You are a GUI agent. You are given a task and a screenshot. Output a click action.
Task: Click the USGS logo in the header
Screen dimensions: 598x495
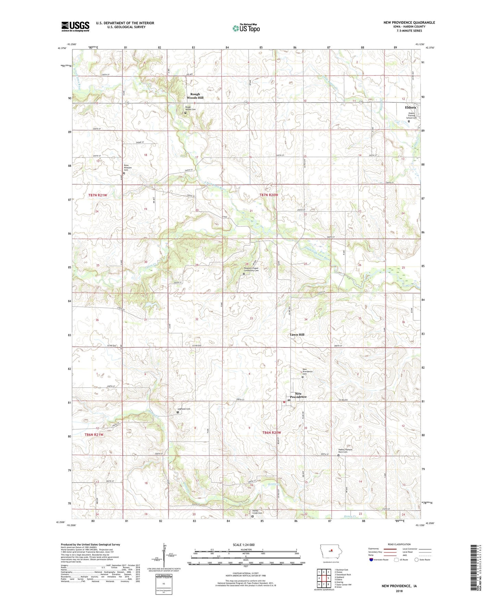(75, 26)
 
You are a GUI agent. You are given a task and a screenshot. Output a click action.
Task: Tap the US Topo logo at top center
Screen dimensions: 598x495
(246, 28)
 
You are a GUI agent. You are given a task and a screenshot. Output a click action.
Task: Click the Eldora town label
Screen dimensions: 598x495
(410, 107)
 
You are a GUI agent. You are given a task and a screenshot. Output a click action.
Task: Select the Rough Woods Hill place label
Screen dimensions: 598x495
(195, 96)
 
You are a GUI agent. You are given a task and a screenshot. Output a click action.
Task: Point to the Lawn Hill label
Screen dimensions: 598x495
(297, 335)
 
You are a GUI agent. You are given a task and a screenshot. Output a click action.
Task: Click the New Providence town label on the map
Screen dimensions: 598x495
(298, 395)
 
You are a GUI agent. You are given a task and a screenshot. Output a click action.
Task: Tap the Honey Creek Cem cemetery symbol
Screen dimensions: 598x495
(252, 517)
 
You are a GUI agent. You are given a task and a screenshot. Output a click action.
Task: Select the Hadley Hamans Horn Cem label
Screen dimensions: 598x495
(345, 451)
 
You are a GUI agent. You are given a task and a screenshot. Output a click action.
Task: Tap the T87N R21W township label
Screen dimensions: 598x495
(98, 195)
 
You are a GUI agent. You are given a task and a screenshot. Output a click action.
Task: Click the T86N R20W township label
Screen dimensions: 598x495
(272, 433)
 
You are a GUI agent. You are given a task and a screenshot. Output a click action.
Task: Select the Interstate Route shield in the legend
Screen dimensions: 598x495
(372, 560)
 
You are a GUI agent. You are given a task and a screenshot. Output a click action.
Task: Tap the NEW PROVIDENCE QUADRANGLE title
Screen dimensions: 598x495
(409, 23)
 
